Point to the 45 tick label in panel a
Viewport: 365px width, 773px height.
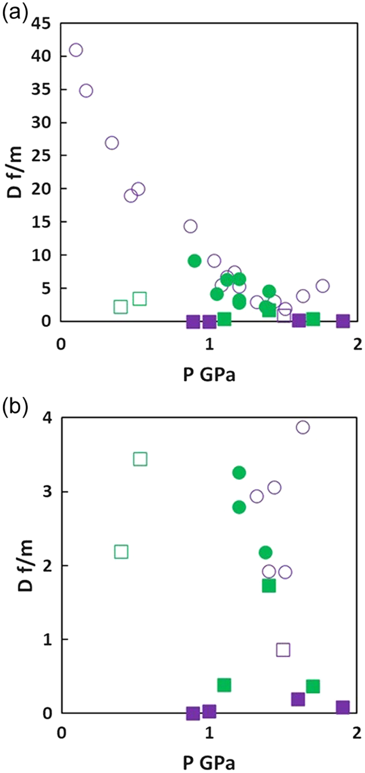point(41,24)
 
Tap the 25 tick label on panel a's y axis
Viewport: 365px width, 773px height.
point(41,155)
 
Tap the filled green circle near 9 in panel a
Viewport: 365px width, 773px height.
point(195,261)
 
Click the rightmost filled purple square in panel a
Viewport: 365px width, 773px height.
point(343,321)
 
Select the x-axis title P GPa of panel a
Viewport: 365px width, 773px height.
point(209,375)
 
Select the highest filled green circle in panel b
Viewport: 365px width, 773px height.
point(239,473)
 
